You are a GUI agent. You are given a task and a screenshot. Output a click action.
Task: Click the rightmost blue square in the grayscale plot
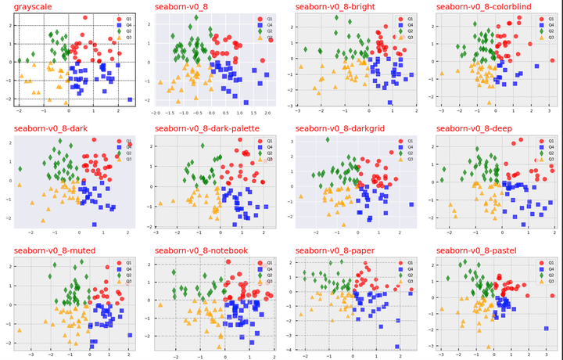(x=130, y=99)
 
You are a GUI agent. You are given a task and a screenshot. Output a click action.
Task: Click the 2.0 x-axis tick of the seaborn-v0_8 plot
(x=267, y=113)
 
